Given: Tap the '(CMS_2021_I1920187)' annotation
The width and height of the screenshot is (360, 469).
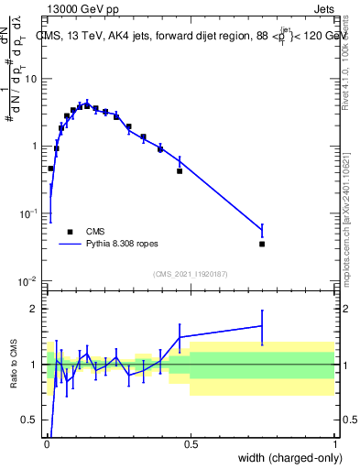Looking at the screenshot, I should click(x=190, y=273).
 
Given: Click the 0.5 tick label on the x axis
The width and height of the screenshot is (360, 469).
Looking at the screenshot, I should click(x=191, y=444).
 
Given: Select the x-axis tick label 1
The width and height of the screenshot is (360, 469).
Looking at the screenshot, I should click(x=334, y=444).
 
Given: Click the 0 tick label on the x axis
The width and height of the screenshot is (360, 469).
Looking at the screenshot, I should click(x=47, y=444).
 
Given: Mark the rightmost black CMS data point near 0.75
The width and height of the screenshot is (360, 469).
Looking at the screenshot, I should click(x=262, y=244).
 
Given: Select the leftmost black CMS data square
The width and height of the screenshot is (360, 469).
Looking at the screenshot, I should click(x=50, y=169).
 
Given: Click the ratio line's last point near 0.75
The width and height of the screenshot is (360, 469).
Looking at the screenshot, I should click(x=262, y=325).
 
